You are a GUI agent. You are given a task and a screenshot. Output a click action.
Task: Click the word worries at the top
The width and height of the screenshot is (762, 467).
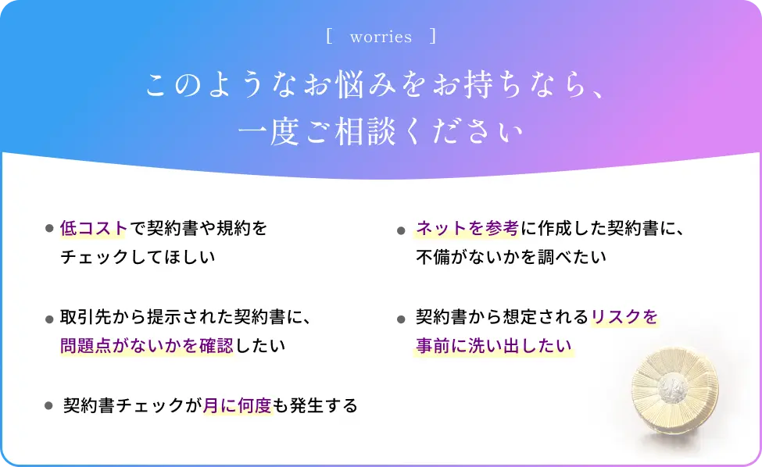pos(381,37)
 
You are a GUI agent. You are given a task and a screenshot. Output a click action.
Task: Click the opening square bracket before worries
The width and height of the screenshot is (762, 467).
pos(329,37)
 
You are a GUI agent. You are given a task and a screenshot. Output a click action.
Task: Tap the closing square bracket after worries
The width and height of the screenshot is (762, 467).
pos(433,37)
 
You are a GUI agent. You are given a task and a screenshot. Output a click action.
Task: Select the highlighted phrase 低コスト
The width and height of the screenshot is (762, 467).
pos(93,228)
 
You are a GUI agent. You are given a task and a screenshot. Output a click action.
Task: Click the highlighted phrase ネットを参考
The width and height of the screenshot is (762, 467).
pos(467,228)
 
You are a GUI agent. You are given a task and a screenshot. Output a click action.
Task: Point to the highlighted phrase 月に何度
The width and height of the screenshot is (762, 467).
pos(237,405)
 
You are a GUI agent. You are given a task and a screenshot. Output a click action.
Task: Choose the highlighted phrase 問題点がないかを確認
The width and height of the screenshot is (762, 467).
pos(146,346)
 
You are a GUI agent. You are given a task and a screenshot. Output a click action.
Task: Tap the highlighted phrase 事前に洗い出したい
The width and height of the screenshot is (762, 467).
pos(493,346)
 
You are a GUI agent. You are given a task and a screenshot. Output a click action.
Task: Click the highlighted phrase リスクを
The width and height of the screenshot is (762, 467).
pos(624,317)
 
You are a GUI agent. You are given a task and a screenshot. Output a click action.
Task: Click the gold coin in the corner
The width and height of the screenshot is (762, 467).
pos(674,390)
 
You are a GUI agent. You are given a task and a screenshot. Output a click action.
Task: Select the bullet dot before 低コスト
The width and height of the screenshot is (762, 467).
pos(49,228)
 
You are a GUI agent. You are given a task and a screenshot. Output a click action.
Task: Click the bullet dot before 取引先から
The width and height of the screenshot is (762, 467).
pos(49,319)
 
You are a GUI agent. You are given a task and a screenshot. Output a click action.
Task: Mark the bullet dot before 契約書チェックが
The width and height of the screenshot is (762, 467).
pos(48,405)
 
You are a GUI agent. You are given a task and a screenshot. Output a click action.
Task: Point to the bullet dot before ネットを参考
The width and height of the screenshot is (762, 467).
pos(401,230)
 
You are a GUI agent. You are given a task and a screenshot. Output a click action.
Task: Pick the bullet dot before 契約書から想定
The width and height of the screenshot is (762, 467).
pos(401,319)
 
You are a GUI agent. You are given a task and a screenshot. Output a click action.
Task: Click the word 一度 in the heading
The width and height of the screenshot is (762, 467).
pos(268,132)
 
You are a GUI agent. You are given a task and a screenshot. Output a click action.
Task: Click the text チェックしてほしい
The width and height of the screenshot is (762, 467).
pos(138,257)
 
